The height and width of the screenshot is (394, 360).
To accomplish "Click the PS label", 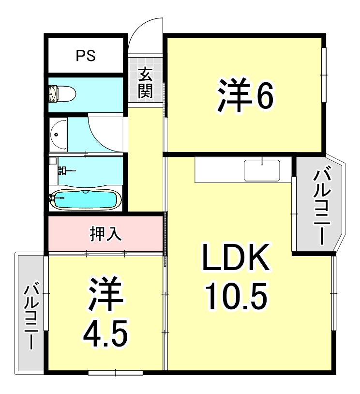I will (x=85, y=56).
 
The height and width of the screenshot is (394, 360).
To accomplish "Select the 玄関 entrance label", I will (x=145, y=83).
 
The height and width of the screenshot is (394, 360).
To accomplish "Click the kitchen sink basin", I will (x=262, y=169).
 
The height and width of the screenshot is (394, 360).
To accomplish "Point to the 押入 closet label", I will (x=105, y=234).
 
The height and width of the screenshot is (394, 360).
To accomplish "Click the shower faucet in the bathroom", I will (x=63, y=170).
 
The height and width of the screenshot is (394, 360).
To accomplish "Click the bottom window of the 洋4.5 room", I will (x=116, y=372).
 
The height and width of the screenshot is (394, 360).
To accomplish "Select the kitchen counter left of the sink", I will (x=218, y=169).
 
